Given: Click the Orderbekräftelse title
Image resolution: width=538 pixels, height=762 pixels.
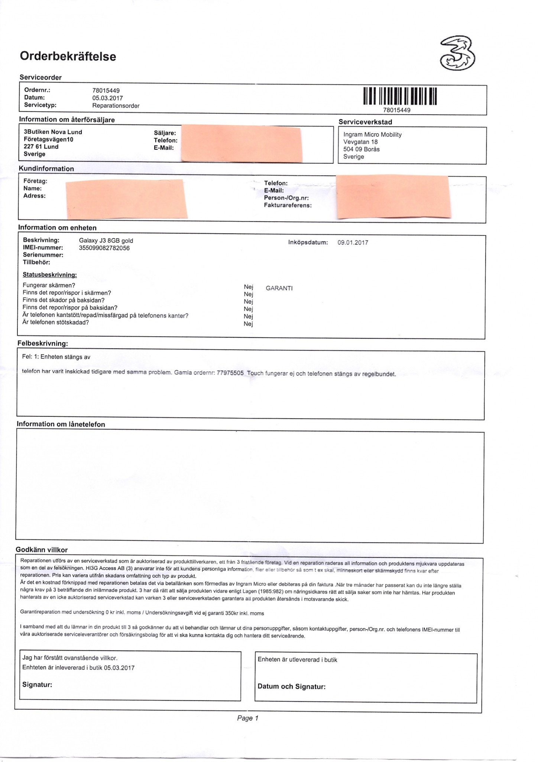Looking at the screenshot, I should coord(68,57).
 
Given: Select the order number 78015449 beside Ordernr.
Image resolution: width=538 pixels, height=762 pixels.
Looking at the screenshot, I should coord(106,90).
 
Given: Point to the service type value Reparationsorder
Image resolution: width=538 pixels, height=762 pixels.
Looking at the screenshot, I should coord(116,106).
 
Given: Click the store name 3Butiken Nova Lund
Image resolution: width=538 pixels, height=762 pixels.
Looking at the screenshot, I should coord(53,132).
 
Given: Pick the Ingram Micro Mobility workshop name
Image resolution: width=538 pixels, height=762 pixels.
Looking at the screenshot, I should coord(372,135).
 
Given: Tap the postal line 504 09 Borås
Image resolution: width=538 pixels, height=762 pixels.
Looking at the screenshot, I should coord(361,149).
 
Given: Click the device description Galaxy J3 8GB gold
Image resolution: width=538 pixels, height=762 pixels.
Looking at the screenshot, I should coord(106,241).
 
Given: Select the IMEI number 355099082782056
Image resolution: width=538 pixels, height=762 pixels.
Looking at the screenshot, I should coord(104,248).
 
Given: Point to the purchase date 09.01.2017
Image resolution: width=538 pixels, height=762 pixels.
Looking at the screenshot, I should coord(353,243).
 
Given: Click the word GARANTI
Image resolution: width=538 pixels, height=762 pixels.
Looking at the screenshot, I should coord(279,288).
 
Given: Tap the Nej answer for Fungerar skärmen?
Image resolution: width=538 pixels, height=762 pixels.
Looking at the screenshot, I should coord(249,287).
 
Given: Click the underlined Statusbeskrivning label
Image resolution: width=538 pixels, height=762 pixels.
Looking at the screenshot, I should coord(50,275).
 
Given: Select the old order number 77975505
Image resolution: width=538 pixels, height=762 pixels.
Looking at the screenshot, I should coord(230,373).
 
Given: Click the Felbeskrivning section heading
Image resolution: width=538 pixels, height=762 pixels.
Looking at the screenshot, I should coord(43,343).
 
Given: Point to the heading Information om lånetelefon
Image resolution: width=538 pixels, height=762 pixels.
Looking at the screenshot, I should coord(61,424).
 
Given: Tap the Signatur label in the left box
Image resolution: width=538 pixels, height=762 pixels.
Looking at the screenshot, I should coord(37,685).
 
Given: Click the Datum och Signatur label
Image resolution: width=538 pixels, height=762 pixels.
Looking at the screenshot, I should coord(291,686).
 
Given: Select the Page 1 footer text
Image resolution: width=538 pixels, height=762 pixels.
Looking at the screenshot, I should coord(247,718).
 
